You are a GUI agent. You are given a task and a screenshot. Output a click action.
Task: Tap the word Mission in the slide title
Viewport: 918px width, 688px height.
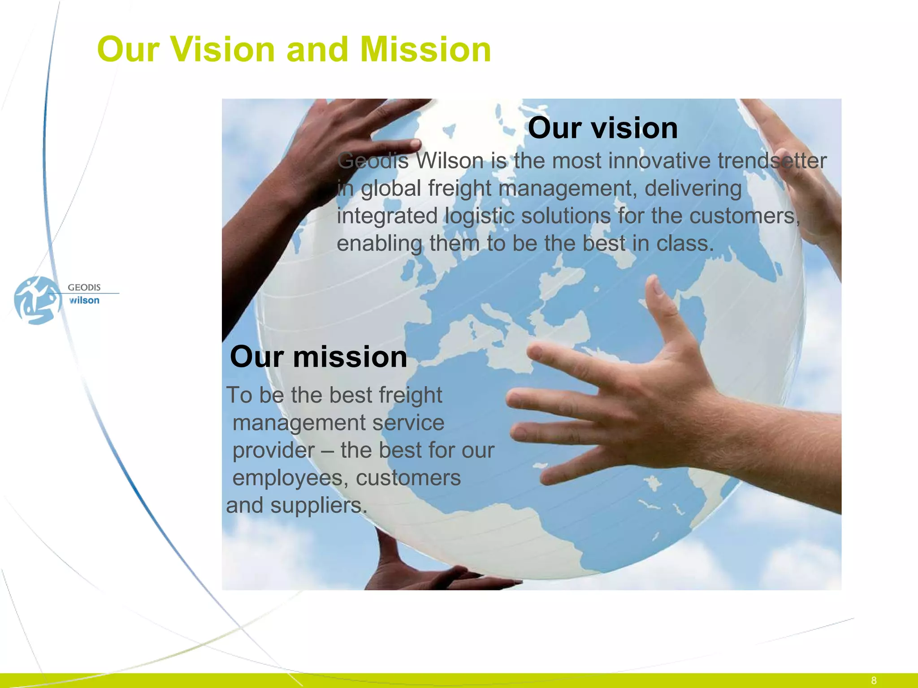pos(425,49)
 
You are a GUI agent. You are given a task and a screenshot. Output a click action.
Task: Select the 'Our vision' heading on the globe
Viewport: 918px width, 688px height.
pos(602,128)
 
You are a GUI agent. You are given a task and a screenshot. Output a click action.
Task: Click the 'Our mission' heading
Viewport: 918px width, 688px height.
pos(318,357)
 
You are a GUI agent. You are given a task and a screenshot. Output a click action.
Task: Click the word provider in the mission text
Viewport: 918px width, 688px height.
pos(273,451)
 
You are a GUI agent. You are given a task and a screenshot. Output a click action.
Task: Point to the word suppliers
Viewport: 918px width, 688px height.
pos(318,506)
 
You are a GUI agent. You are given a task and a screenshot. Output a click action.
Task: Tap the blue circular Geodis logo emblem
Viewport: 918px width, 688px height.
pos(37,300)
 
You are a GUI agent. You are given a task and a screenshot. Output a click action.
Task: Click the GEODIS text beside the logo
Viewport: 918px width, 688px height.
pos(84,288)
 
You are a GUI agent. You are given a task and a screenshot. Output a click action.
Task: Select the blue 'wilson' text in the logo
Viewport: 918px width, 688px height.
pos(84,301)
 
